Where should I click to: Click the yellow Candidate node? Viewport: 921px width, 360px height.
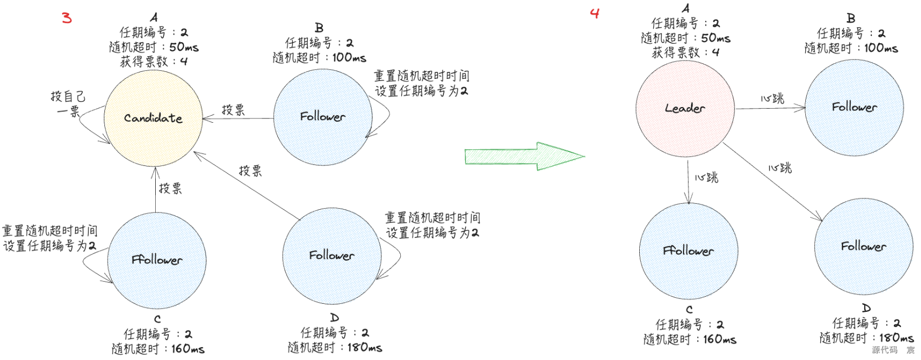click(x=153, y=118)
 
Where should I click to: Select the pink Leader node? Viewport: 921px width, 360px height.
click(x=685, y=109)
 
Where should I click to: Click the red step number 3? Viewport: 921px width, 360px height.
click(x=67, y=18)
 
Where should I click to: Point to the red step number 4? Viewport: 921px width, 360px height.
click(x=595, y=14)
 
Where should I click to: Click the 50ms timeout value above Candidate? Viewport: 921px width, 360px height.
click(x=184, y=48)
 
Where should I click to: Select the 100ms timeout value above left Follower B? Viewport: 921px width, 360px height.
click(x=349, y=57)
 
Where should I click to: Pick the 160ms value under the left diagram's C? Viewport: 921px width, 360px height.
click(x=188, y=349)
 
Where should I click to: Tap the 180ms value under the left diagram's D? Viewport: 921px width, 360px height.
click(x=365, y=348)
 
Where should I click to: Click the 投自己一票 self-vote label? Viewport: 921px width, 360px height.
click(x=68, y=104)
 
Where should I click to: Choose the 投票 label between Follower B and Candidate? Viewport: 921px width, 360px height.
click(x=233, y=110)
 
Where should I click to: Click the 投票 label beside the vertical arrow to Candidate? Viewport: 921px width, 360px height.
click(x=170, y=189)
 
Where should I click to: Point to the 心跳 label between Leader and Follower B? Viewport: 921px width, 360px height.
click(x=772, y=99)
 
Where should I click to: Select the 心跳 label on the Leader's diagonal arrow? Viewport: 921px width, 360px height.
click(x=780, y=168)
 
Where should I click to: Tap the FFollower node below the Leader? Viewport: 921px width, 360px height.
click(x=688, y=251)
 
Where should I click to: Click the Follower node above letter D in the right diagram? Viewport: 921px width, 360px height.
click(x=863, y=246)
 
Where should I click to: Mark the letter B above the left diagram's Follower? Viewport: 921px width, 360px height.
click(x=319, y=28)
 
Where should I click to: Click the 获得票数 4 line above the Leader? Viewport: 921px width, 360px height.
click(x=685, y=52)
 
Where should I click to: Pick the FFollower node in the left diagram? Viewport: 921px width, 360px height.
click(x=157, y=260)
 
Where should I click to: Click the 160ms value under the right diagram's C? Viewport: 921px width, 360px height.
click(x=719, y=339)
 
